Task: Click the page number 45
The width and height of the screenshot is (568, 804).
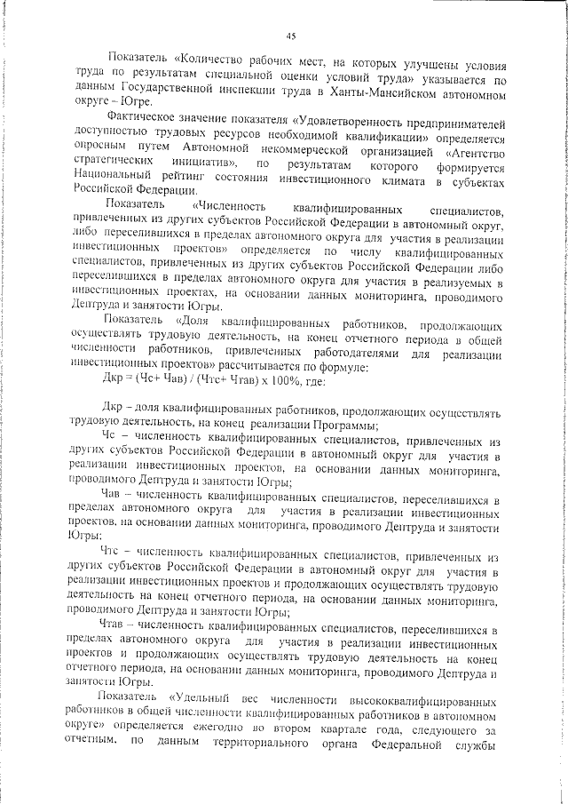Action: (x=291, y=36)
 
